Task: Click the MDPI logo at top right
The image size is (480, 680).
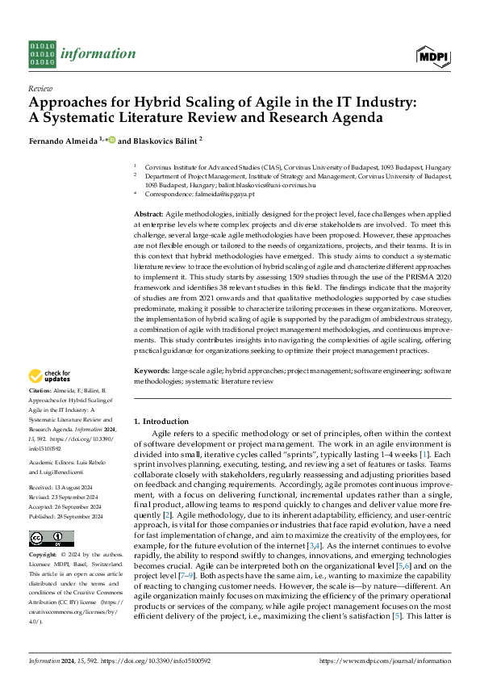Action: (x=434, y=55)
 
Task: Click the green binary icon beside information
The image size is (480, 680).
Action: (x=42, y=53)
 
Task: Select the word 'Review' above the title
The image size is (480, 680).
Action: (x=40, y=88)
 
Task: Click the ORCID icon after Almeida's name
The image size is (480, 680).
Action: (x=112, y=140)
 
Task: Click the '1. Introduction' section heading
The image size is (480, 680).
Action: (x=160, y=422)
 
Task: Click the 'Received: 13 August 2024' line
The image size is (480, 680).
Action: (x=61, y=489)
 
